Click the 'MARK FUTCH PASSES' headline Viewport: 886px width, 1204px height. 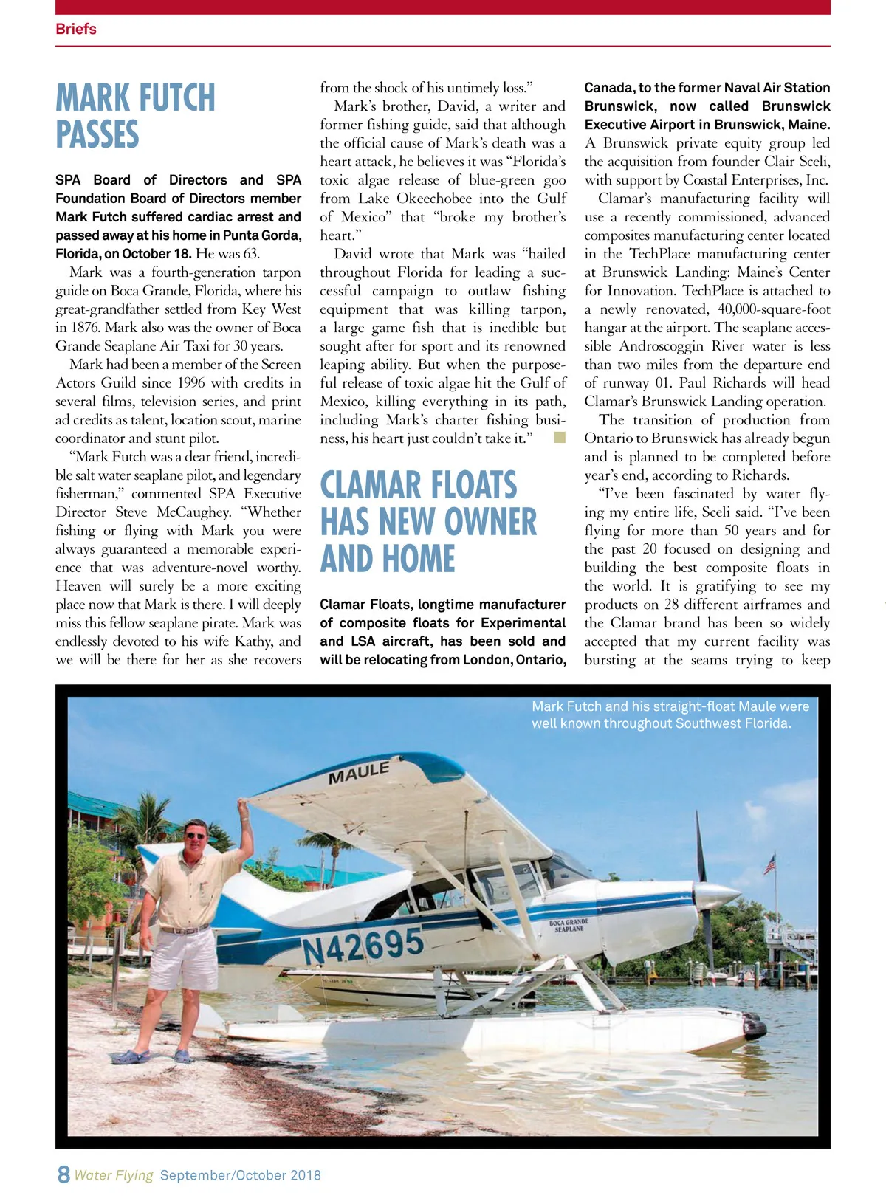[x=136, y=116]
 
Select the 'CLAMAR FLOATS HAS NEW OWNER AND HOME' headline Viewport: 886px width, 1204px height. [x=428, y=522]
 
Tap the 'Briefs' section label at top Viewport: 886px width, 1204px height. [x=76, y=29]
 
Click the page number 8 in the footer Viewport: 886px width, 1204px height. [x=63, y=1174]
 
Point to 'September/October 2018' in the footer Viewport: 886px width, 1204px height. [x=241, y=1175]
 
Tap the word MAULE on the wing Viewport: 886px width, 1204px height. [x=359, y=773]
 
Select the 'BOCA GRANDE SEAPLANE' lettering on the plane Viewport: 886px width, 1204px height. [x=569, y=926]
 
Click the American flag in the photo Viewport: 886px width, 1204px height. [x=770, y=863]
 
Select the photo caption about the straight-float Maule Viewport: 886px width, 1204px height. [x=670, y=715]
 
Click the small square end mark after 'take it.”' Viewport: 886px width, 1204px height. [x=560, y=438]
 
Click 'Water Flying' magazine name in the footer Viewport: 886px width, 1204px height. [x=114, y=1175]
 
